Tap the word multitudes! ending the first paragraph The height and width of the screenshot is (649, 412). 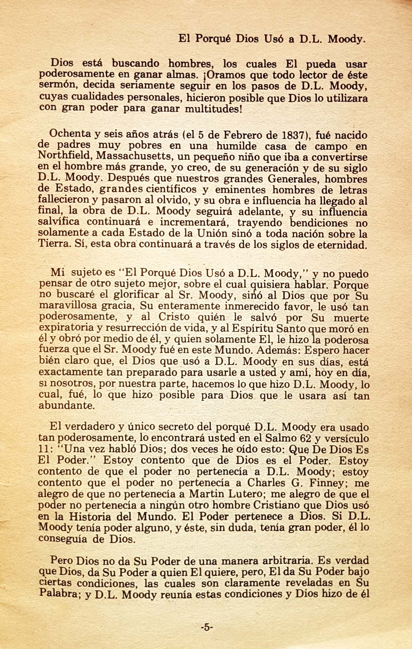click(214, 110)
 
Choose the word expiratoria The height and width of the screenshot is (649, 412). click(66, 328)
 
